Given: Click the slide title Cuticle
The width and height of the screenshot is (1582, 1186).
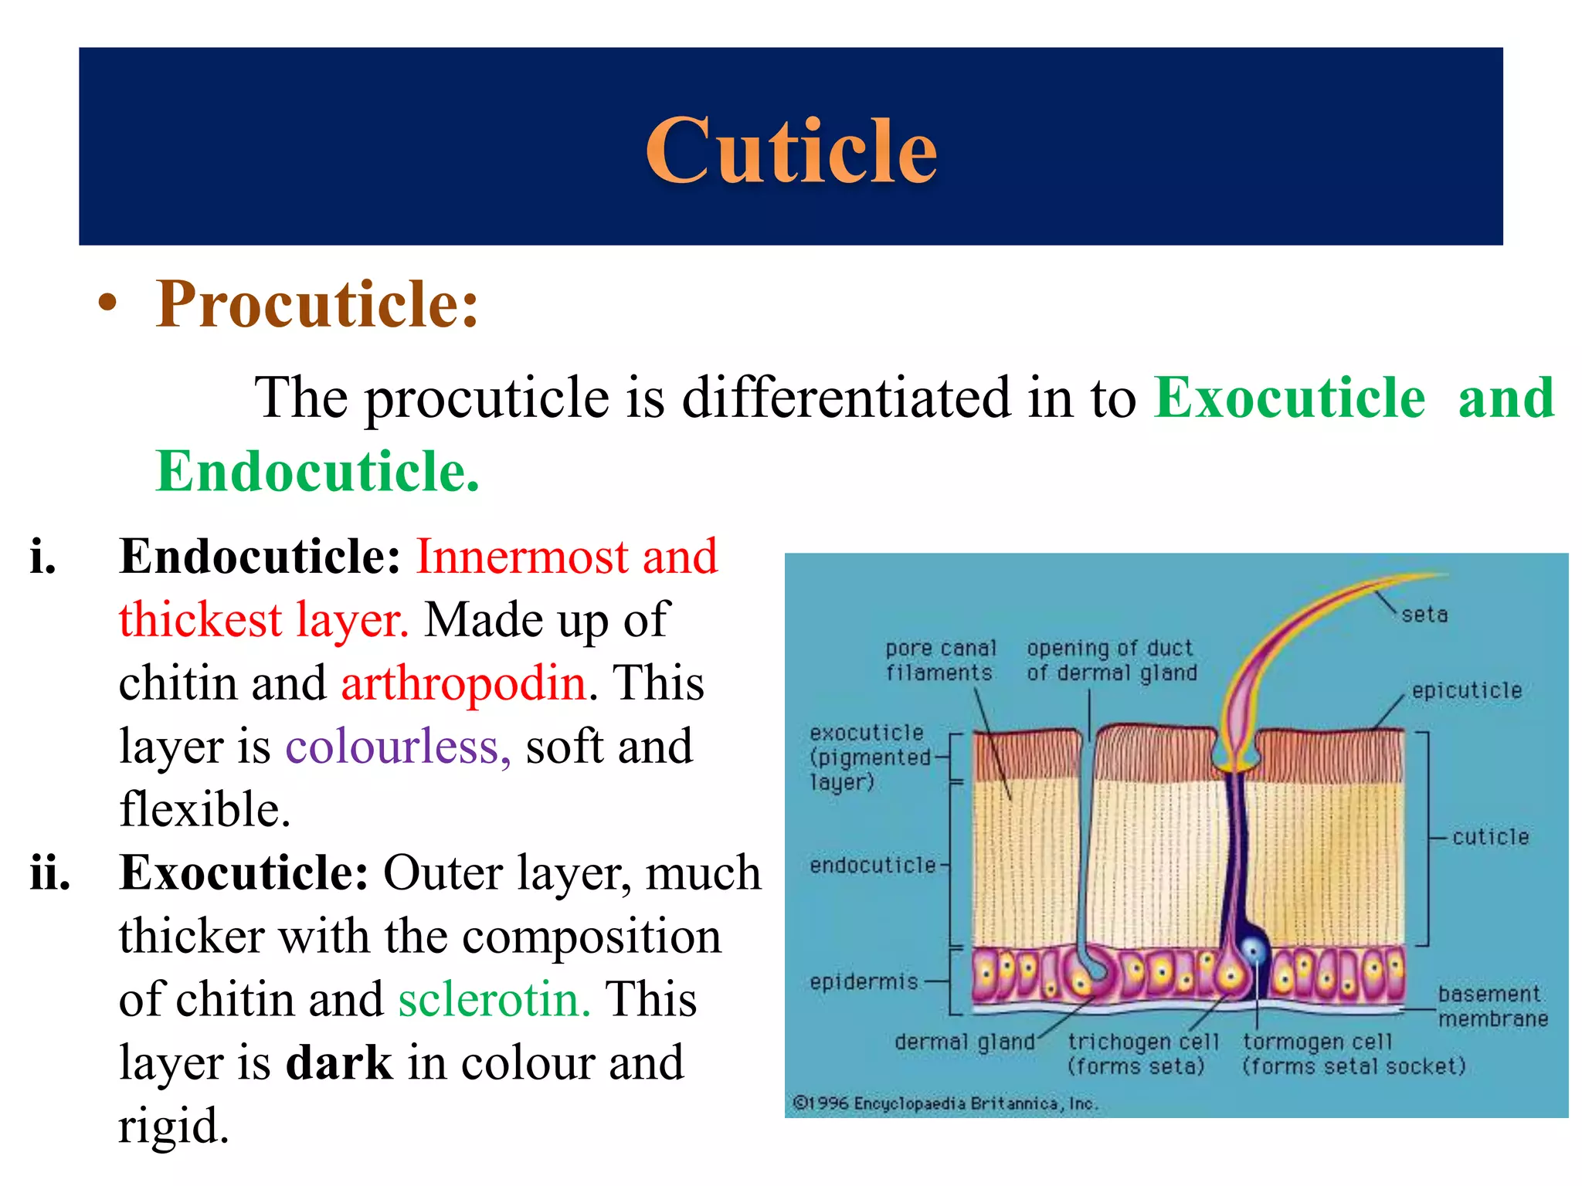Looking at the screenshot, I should tap(791, 151).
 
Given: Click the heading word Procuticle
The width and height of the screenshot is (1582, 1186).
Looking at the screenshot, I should tap(317, 304).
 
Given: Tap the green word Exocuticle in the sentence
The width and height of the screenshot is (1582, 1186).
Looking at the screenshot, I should tap(1289, 398).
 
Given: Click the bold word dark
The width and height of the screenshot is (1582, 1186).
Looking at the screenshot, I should tap(339, 1062).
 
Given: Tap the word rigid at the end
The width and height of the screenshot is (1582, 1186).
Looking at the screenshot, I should tap(174, 1126).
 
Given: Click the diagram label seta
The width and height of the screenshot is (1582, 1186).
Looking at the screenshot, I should tap(1424, 615).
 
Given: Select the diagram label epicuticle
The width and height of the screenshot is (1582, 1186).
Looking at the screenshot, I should tap(1466, 690).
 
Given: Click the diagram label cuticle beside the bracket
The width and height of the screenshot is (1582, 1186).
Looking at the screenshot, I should tap(1490, 837).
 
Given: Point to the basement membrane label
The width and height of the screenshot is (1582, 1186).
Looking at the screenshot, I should tap(1492, 1006).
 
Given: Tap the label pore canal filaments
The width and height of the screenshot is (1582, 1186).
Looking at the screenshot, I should tap(940, 660).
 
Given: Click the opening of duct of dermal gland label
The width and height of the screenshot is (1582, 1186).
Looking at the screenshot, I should tap(1111, 660).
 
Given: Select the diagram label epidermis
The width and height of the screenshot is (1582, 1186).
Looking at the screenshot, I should tap(864, 982).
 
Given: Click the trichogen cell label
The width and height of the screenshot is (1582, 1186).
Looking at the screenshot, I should tap(1142, 1053).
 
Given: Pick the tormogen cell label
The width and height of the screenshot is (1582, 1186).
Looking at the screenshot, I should tap(1353, 1053).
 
